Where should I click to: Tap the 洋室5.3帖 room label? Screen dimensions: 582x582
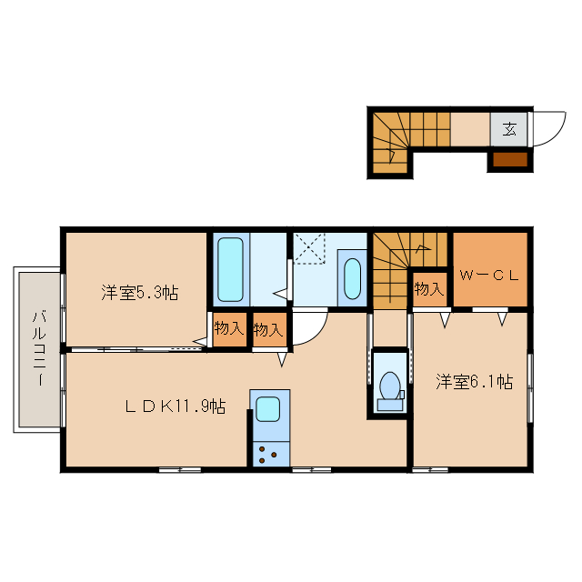[x=139, y=293]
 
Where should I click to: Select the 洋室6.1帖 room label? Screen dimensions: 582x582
[x=472, y=382]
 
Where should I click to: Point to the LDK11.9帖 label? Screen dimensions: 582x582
[x=175, y=407]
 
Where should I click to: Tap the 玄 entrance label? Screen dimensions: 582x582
[x=509, y=128]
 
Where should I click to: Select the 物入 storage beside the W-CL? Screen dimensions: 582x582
[x=429, y=289]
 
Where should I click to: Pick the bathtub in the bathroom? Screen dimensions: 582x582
[x=231, y=269]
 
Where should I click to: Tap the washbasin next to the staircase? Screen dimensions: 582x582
[x=352, y=278]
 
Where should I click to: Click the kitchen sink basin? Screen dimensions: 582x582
[x=269, y=410]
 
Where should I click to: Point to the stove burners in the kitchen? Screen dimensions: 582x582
[x=269, y=453]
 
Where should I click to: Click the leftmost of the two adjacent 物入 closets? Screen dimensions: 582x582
[x=230, y=329]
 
